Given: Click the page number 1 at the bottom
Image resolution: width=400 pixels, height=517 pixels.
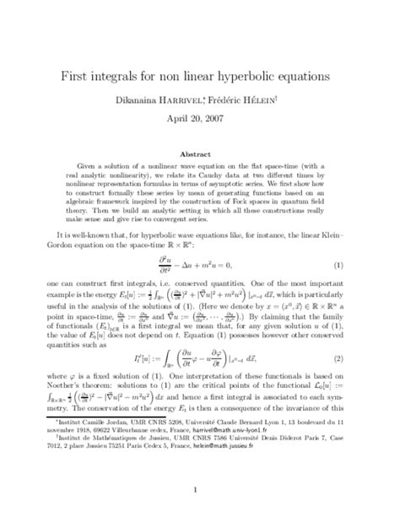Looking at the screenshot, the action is pos(200,489).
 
